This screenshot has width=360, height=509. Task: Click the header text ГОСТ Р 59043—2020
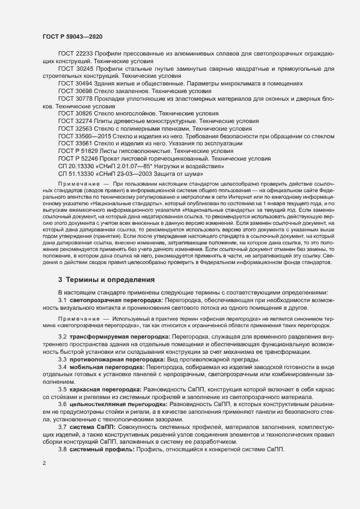71,36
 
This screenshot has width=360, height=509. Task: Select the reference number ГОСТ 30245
75,70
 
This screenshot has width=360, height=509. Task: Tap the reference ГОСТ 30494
75,84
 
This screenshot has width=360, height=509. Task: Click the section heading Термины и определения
110,279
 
